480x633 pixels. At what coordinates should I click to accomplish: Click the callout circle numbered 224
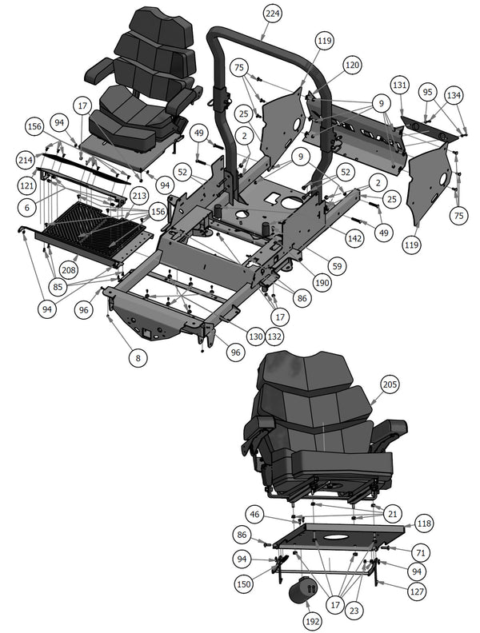point(272,14)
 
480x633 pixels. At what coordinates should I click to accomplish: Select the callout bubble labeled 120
point(352,64)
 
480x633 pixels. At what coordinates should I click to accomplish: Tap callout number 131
point(400,85)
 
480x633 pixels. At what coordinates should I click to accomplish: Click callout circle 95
point(429,93)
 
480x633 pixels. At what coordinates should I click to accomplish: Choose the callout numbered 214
point(26,207)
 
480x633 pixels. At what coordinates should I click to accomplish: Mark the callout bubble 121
point(26,185)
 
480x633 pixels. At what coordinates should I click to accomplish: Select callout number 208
point(69,271)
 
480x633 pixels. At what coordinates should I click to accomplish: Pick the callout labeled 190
point(323,283)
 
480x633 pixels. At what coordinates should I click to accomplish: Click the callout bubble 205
point(389,385)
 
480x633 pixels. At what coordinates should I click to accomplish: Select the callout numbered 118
point(424,524)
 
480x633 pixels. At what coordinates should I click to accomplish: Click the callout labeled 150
point(243,583)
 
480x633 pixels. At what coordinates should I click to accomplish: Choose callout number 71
point(419,552)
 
